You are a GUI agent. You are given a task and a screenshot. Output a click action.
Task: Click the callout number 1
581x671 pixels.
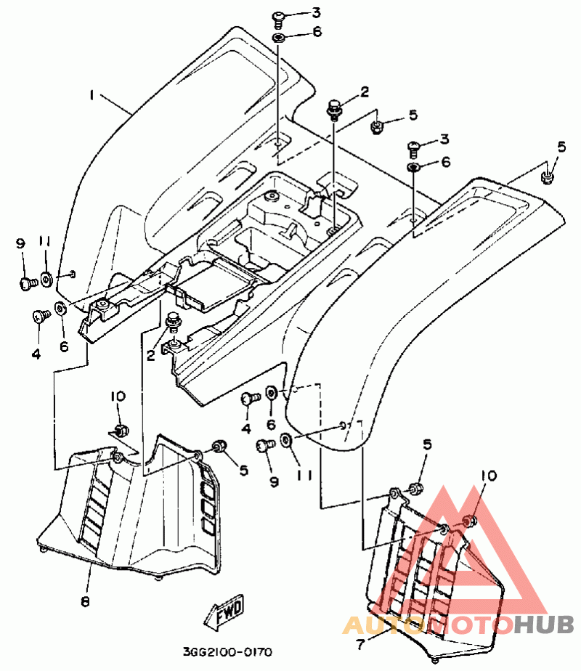tap(92, 94)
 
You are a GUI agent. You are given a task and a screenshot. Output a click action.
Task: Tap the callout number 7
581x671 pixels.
tap(360, 644)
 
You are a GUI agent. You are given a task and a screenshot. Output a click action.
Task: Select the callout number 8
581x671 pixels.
tap(85, 601)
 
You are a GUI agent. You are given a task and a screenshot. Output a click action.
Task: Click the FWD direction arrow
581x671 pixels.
tap(224, 611)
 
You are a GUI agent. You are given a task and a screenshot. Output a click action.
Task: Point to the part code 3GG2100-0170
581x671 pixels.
tap(227, 652)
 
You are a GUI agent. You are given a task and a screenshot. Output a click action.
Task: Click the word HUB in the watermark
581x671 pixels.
tap(544, 625)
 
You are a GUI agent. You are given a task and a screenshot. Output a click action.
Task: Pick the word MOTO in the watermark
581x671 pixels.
tap(471, 625)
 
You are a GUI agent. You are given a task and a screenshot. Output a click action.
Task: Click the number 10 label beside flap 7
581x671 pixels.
tap(489, 476)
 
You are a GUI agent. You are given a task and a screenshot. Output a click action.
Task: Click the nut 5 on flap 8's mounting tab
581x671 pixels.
tap(219, 447)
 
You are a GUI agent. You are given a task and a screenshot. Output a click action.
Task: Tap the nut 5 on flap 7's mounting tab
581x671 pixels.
tap(414, 488)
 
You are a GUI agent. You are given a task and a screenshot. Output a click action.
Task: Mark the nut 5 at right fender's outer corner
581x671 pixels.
tap(547, 176)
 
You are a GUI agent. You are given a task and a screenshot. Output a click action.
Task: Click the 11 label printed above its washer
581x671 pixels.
tap(45, 242)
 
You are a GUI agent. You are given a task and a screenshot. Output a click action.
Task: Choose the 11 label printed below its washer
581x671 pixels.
tap(304, 476)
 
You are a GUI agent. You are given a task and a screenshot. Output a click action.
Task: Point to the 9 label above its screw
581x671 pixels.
tap(20, 243)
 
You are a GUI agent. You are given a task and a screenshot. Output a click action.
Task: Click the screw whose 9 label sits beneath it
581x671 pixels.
tap(264, 445)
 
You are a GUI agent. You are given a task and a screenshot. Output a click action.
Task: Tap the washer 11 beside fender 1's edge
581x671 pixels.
tap(46, 279)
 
